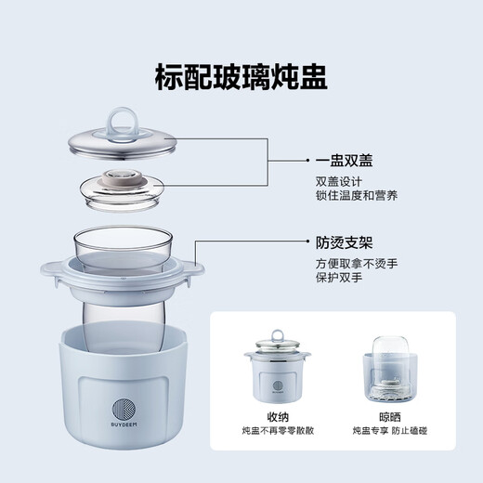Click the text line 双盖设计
(337, 183)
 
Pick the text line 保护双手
(337, 281)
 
